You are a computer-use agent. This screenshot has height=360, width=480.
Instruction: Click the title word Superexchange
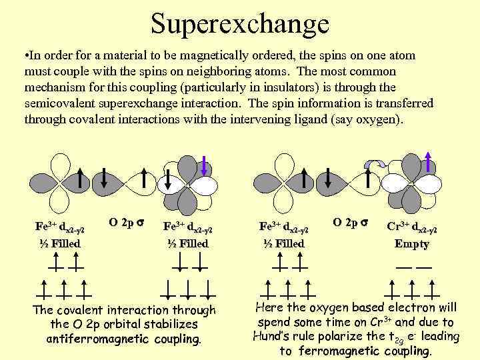click(240, 24)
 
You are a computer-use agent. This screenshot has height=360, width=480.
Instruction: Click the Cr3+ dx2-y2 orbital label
click(412, 227)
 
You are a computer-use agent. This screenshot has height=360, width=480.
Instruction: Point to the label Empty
click(412, 244)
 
